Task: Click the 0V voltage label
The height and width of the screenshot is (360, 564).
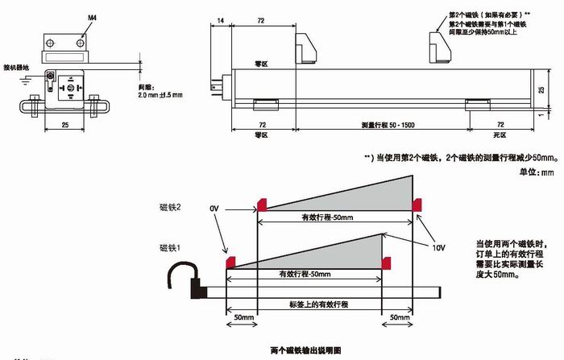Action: tap(214, 209)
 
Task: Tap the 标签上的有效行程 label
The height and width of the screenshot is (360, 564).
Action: tap(319, 305)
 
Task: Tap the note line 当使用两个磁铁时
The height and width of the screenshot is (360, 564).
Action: tap(504, 243)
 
